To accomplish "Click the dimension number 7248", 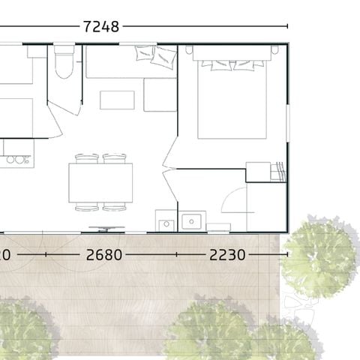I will [100, 26].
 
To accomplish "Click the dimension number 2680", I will [103, 255].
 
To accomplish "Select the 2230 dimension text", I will [227, 255].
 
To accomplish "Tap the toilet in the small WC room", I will [63, 64].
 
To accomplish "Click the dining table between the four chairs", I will [100, 182].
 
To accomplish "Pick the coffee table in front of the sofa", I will [117, 100].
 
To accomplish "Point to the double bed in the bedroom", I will [232, 94].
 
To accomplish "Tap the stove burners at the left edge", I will [15, 159].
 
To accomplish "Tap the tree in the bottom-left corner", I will [26, 330].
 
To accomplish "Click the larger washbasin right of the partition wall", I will [193, 222].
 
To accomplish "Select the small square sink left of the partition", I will [165, 223].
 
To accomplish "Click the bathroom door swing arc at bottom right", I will [235, 201].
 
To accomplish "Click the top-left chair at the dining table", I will [87, 158].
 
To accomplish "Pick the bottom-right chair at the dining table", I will [115, 207].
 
